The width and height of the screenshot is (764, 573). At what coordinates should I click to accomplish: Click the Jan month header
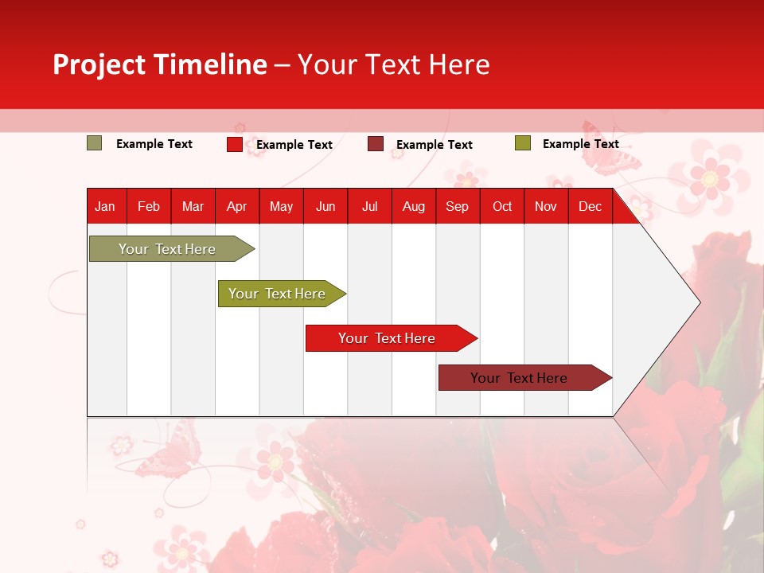coord(105,206)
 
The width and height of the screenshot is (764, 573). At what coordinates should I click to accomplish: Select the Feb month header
coord(149,206)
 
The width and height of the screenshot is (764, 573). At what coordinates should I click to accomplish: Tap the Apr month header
coord(236,206)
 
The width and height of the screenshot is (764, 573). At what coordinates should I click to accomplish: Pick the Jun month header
coord(325,206)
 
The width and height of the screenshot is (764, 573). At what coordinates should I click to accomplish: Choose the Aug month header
coord(413,206)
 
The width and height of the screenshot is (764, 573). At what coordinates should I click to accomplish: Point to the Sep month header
coord(457,206)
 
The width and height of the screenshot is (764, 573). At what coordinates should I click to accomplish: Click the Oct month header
coord(502,206)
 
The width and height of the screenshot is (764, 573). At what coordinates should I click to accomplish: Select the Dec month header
coord(590,206)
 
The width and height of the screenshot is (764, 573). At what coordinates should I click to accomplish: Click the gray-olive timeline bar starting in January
coord(167,249)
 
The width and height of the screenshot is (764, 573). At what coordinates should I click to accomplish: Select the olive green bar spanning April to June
coord(277,294)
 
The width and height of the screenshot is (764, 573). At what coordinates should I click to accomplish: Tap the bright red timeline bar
coord(387,338)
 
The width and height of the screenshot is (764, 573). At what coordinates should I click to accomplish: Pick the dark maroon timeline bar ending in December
coord(519,378)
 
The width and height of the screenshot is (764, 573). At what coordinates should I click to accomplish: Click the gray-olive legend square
coord(95,143)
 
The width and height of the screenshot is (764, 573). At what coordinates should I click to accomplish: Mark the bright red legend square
coord(235,144)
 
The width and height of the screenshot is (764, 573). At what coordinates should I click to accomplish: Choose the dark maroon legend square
coord(376,144)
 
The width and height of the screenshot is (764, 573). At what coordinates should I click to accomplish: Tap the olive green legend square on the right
coord(522,143)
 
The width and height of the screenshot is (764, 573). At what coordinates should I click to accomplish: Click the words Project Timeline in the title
coord(160,64)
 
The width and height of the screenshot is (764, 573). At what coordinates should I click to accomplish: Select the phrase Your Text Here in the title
coord(393,64)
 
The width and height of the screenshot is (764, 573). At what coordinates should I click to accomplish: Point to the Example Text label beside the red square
coord(294,145)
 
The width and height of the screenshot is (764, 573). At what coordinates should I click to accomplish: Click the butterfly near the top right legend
coord(610,151)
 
